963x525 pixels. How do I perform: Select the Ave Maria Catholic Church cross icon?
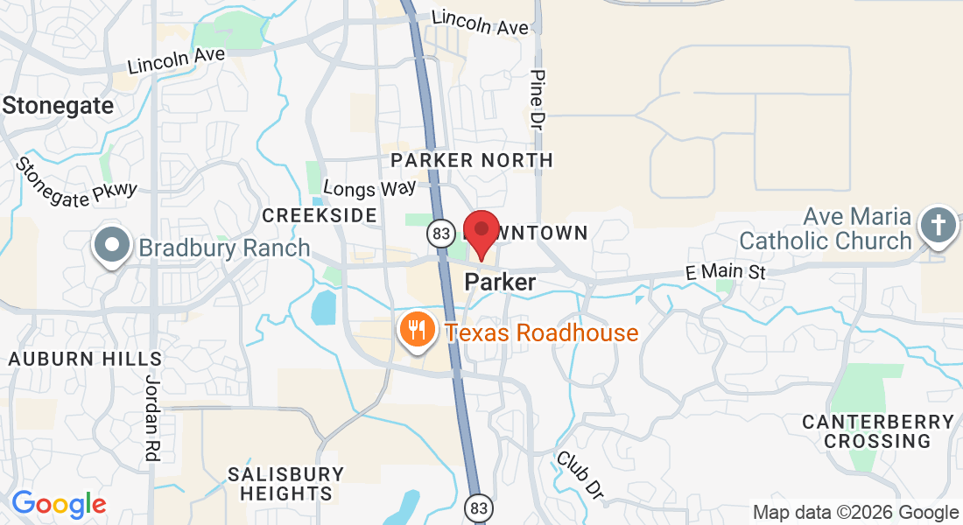click(x=938, y=226)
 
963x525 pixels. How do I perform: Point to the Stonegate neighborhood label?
click(x=59, y=106)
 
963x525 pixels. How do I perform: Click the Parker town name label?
click(x=500, y=283)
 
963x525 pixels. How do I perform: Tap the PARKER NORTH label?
click(x=472, y=160)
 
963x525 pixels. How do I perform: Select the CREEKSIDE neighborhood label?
click(x=320, y=215)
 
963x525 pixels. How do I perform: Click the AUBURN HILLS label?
click(x=85, y=359)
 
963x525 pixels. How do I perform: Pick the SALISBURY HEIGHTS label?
click(x=285, y=484)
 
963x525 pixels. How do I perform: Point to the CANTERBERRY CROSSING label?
click(x=878, y=431)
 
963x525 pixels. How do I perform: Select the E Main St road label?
click(x=725, y=273)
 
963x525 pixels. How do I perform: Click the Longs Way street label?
click(x=369, y=188)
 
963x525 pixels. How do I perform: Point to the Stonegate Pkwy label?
click(x=77, y=183)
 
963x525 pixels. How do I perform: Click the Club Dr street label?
click(x=580, y=477)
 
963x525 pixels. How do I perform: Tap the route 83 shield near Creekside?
click(x=440, y=232)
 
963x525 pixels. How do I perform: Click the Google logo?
click(x=59, y=504)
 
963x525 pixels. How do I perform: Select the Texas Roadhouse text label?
click(x=542, y=333)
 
